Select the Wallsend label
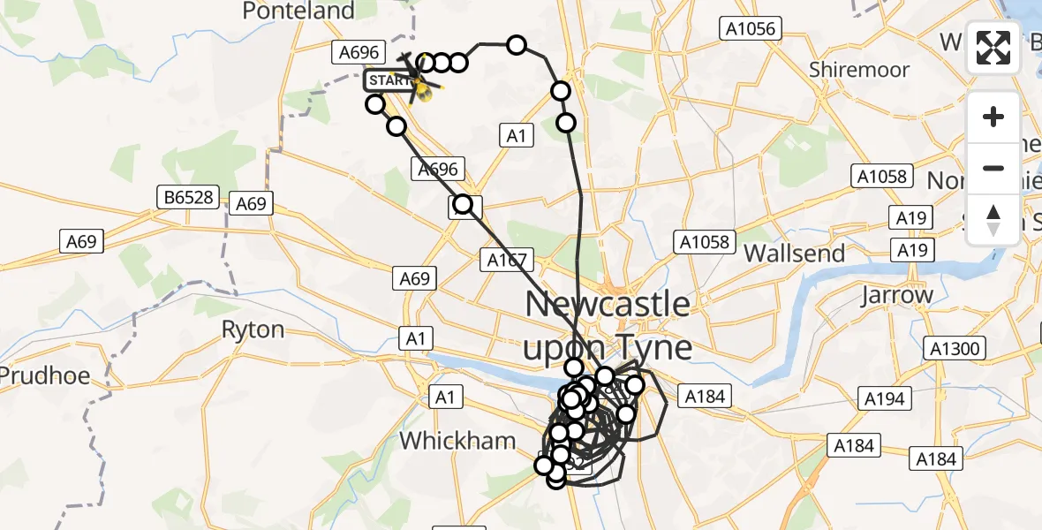click(794, 254)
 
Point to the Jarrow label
click(898, 295)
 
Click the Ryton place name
click(253, 330)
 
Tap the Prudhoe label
click(44, 375)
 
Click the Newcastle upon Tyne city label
click(608, 326)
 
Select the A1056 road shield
click(749, 29)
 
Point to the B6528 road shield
click(189, 197)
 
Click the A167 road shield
click(507, 261)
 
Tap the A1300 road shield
click(955, 349)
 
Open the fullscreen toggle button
click(994, 48)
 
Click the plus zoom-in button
click(994, 117)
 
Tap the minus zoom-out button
click(994, 168)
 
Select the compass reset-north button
click(994, 219)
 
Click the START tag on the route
click(388, 81)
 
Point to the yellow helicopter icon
click(424, 89)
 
